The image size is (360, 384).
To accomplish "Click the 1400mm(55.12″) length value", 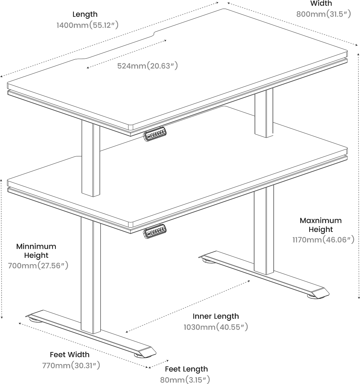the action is point(87,25).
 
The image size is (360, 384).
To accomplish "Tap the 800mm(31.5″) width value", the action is point(324,14).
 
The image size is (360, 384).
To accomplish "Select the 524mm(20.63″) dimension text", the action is point(147,66).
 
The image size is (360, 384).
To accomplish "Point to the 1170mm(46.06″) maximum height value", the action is point(323,239).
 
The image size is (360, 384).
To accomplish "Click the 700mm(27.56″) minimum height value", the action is point(38,265).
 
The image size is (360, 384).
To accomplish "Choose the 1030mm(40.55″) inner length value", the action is point(216,327).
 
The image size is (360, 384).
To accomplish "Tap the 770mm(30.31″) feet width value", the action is point(71,365).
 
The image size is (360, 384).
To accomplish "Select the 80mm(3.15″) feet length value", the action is point(185,380).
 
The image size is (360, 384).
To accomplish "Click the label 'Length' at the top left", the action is point(85,14).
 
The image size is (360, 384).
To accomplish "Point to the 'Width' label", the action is point(321,3).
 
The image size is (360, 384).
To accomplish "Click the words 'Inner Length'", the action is point(216,316).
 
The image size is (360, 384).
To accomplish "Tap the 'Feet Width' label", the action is point(69,355).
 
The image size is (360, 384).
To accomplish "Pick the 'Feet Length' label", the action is point(186,369).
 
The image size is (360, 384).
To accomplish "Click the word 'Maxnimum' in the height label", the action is point(320,220).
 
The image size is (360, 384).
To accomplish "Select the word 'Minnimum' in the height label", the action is point(36,246).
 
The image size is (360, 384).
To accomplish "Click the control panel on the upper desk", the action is point(155,134).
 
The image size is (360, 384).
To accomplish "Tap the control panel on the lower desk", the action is point(155,231).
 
